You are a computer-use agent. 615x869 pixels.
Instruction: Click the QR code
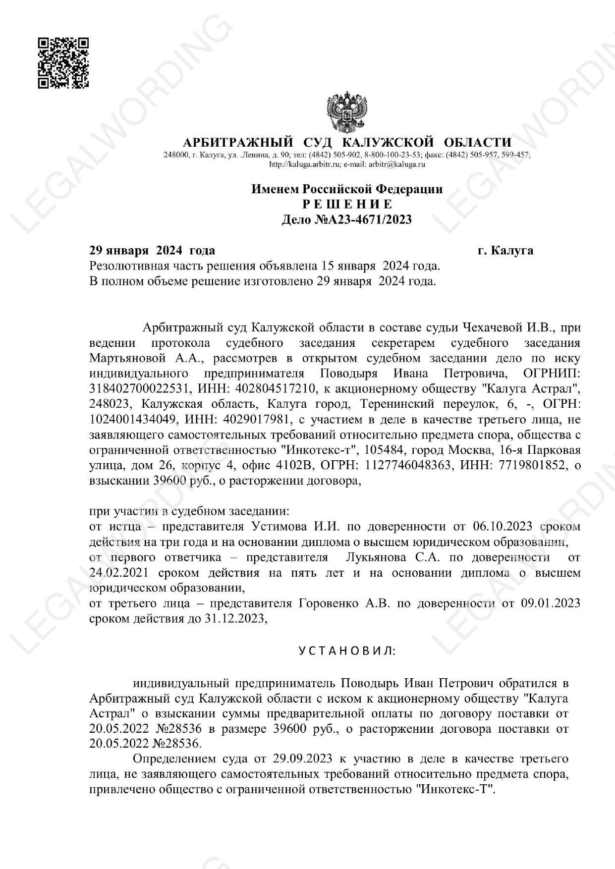tap(64, 63)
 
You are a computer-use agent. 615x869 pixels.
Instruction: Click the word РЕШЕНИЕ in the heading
tap(347, 204)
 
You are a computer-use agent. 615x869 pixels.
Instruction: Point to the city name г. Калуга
tap(505, 250)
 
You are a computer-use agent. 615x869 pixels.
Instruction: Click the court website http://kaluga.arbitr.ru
tap(304, 164)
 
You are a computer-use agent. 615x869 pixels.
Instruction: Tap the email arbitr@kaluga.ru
tap(399, 164)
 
